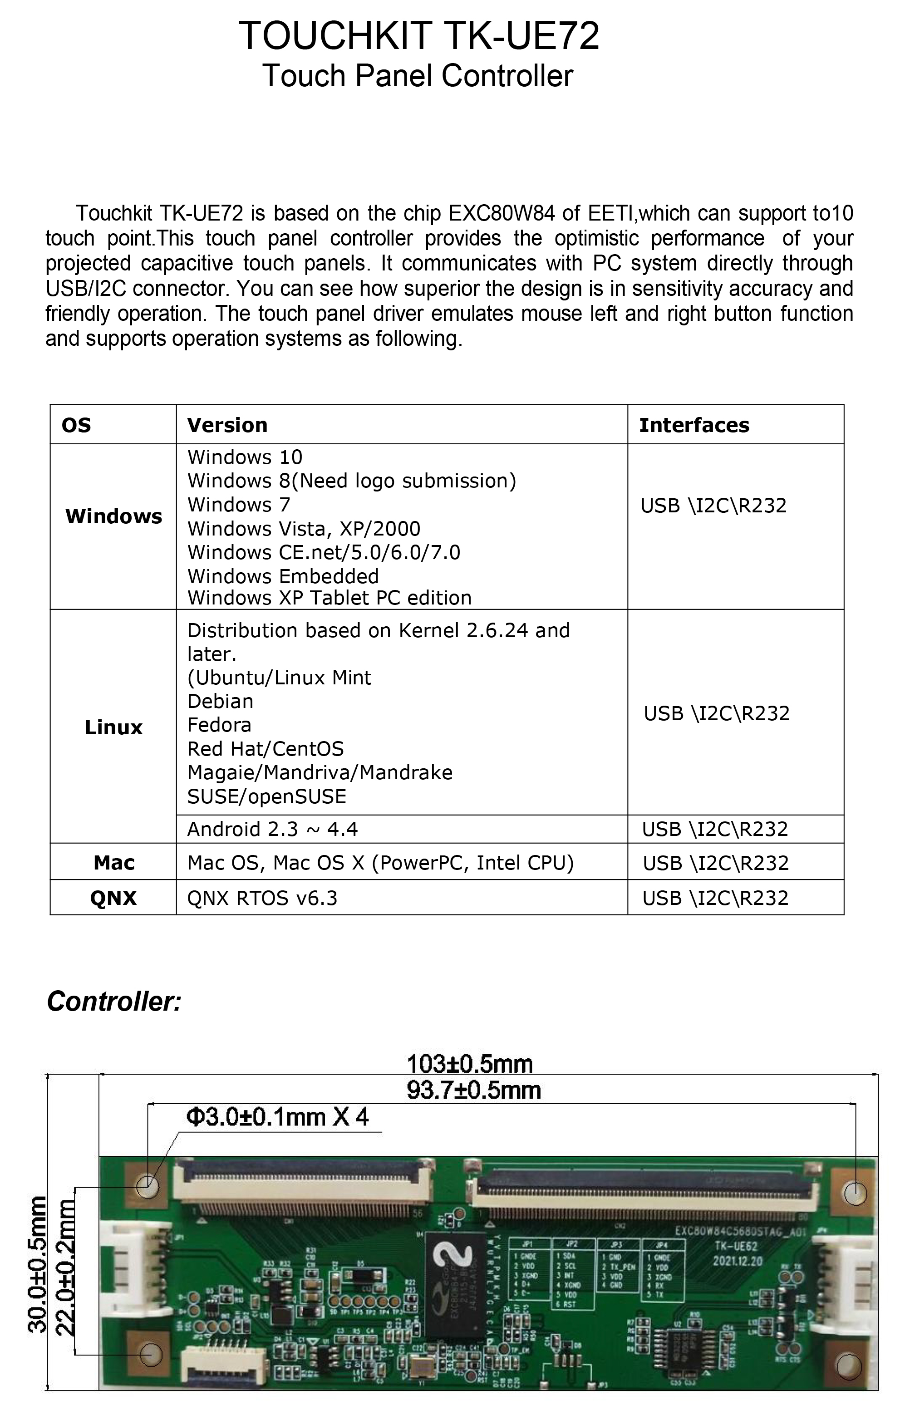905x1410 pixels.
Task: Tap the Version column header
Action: pos(227,425)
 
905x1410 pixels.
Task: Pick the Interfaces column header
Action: pos(694,425)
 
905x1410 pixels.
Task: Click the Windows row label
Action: pos(113,516)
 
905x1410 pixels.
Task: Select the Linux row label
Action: pos(113,727)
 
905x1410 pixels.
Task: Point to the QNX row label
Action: pos(113,898)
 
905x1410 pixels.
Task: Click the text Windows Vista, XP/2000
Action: pos(304,529)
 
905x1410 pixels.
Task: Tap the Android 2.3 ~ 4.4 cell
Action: pos(272,829)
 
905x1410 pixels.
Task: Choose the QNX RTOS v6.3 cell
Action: pos(262,898)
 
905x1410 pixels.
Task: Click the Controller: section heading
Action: pos(114,1002)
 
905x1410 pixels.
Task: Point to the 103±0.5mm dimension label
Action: pos(470,1064)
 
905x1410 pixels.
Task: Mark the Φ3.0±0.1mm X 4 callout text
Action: pos(277,1117)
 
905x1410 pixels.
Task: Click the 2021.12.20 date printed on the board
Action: pos(738,1261)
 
